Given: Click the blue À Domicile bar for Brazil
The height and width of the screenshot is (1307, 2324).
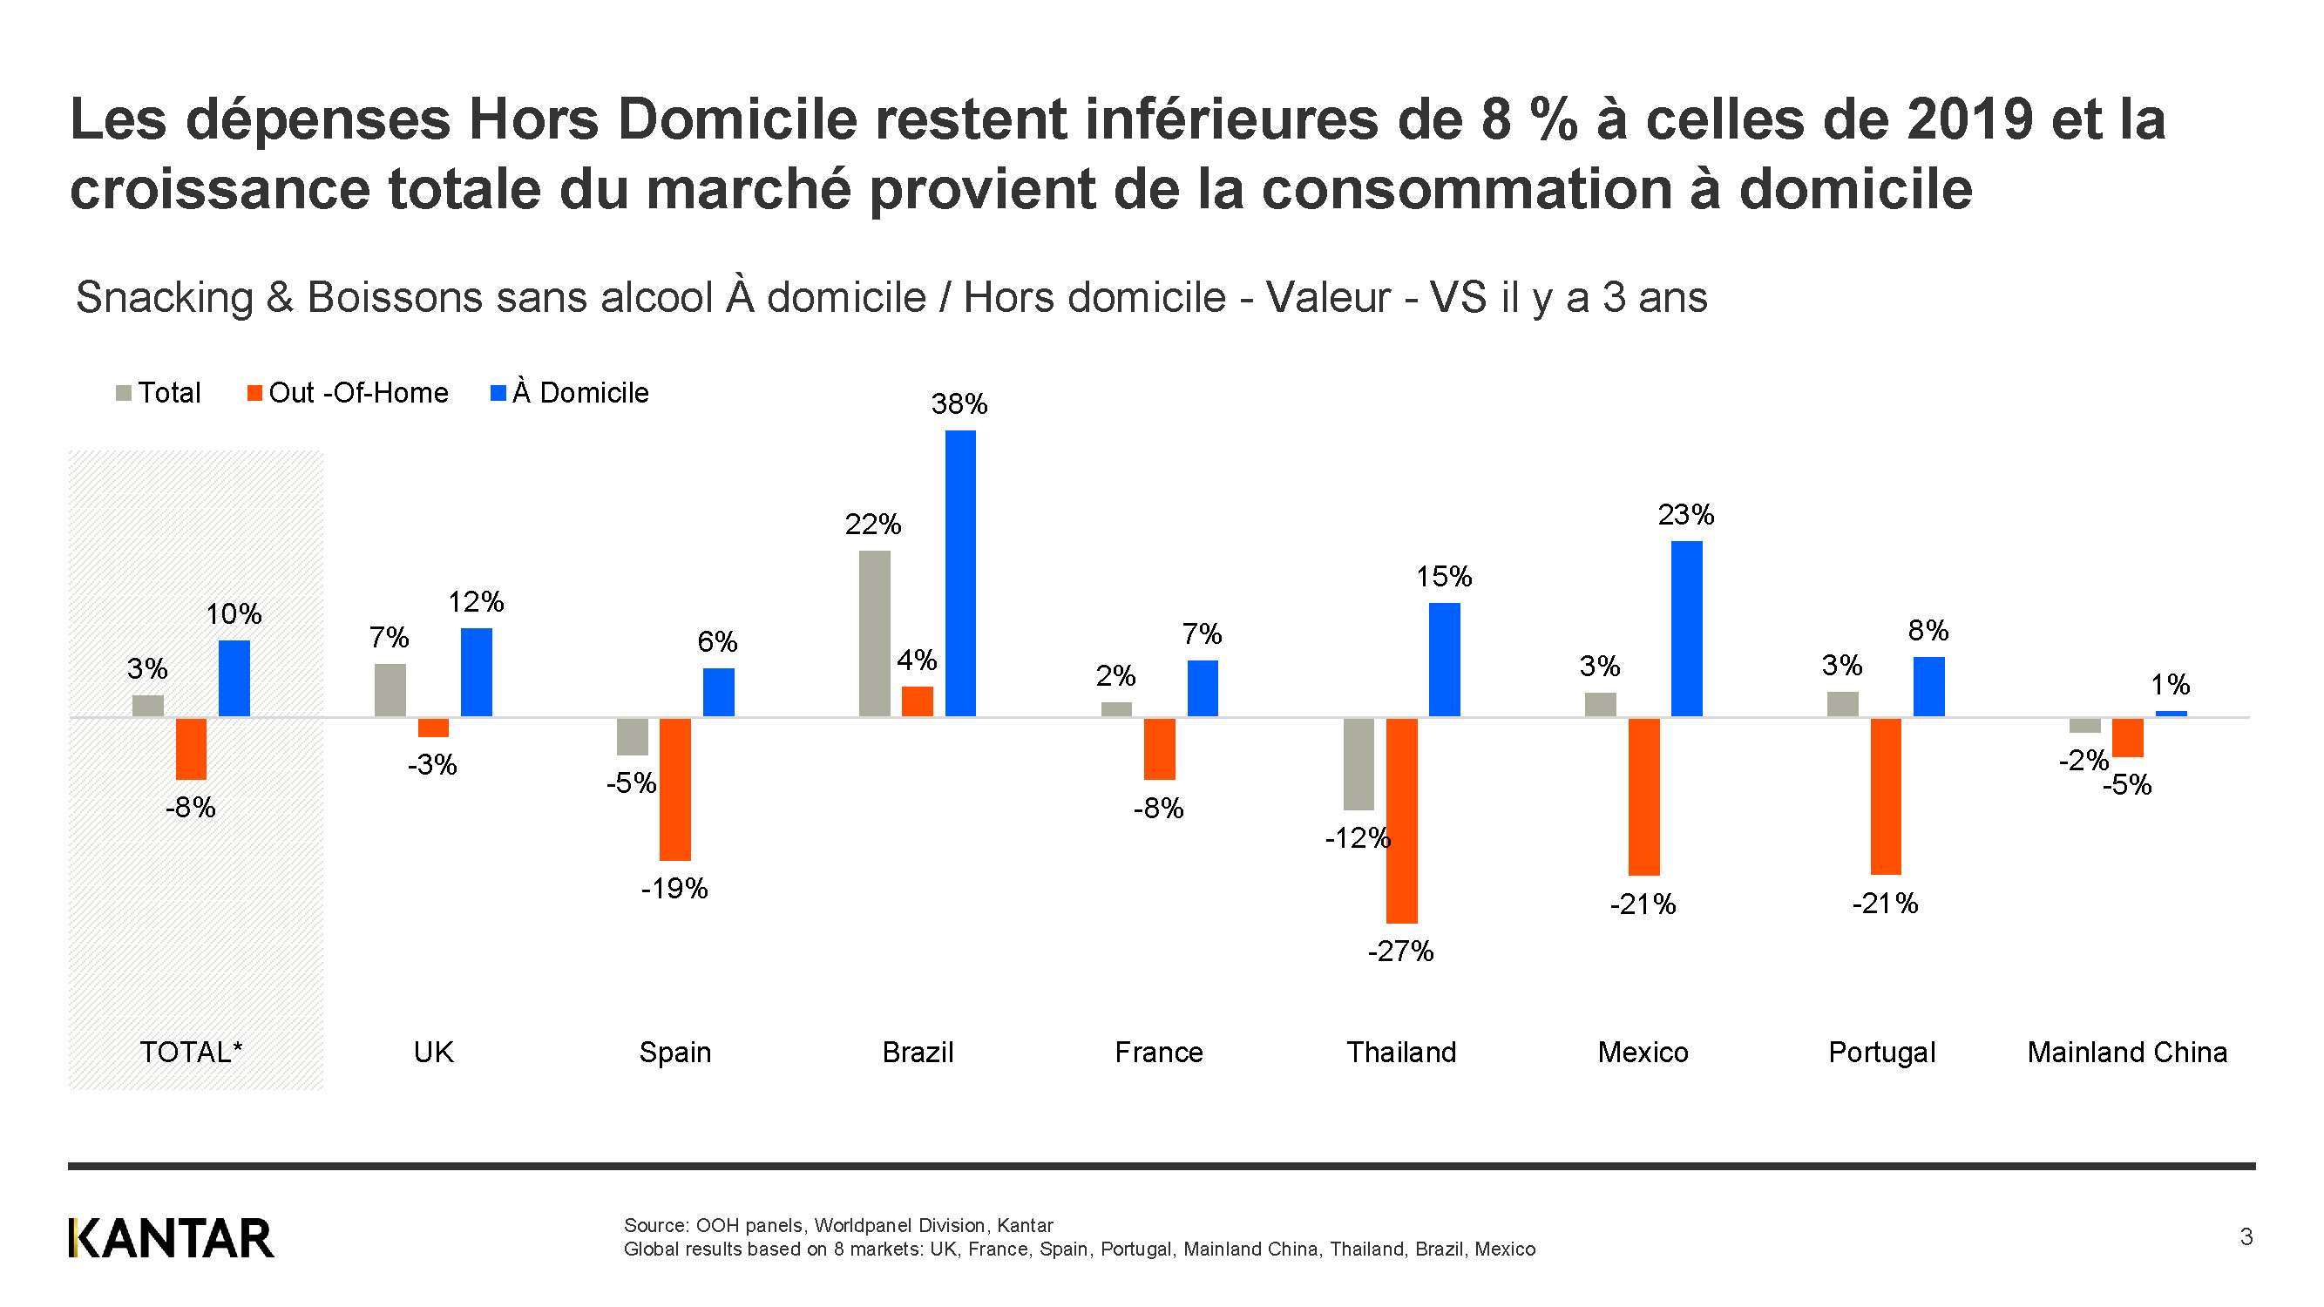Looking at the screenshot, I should point(960,572).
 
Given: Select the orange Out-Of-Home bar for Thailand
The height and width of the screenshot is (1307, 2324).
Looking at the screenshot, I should point(1401,820).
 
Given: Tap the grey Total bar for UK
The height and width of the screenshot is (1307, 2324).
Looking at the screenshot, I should point(390,690).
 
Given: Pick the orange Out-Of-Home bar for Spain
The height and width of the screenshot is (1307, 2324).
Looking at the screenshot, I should point(674,789).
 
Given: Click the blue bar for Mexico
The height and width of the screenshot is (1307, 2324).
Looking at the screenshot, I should point(1686,629).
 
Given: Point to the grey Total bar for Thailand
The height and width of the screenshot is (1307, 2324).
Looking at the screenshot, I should point(1358,764).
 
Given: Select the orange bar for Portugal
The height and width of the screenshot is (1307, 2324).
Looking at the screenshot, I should point(1886,796).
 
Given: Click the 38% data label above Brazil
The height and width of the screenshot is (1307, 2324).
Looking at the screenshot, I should point(959,404).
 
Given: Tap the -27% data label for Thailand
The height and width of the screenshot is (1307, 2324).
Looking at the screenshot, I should point(1400,951).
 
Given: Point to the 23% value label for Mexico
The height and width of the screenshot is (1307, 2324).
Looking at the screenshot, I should point(1685,515).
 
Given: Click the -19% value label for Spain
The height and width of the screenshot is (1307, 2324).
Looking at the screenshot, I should point(674,890).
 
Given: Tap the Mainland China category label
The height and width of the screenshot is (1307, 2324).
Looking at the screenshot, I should point(2126,1053).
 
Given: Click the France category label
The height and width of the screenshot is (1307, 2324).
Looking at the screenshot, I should point(1158,1053).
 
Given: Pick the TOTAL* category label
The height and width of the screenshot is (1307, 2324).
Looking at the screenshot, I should point(191,1053).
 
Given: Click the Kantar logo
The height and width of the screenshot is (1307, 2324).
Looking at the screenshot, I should point(171,1238).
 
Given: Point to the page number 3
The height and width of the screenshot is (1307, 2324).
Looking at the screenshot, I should point(2246,1236).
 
